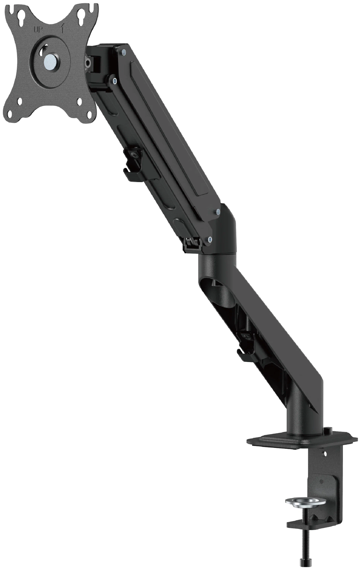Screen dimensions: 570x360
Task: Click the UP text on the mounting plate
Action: click(38, 30)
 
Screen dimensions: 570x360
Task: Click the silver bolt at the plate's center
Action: click(50, 60)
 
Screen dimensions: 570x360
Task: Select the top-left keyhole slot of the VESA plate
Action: click(22, 14)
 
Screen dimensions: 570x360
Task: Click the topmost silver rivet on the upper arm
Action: click(123, 52)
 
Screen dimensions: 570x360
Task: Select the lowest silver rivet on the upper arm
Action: click(210, 240)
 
